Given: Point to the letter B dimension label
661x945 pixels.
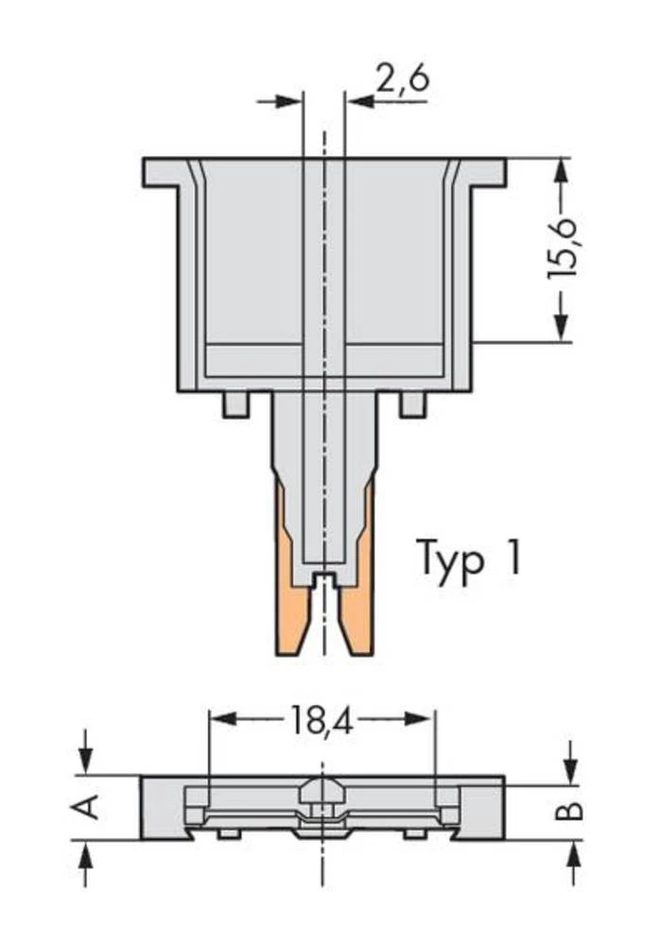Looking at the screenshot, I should click(x=571, y=812).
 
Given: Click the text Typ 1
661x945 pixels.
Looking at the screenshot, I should click(x=468, y=558).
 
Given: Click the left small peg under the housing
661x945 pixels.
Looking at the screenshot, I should click(x=235, y=404).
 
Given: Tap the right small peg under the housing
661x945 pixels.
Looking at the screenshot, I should click(x=412, y=404).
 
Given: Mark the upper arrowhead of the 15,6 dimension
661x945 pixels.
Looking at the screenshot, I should click(x=562, y=170).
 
